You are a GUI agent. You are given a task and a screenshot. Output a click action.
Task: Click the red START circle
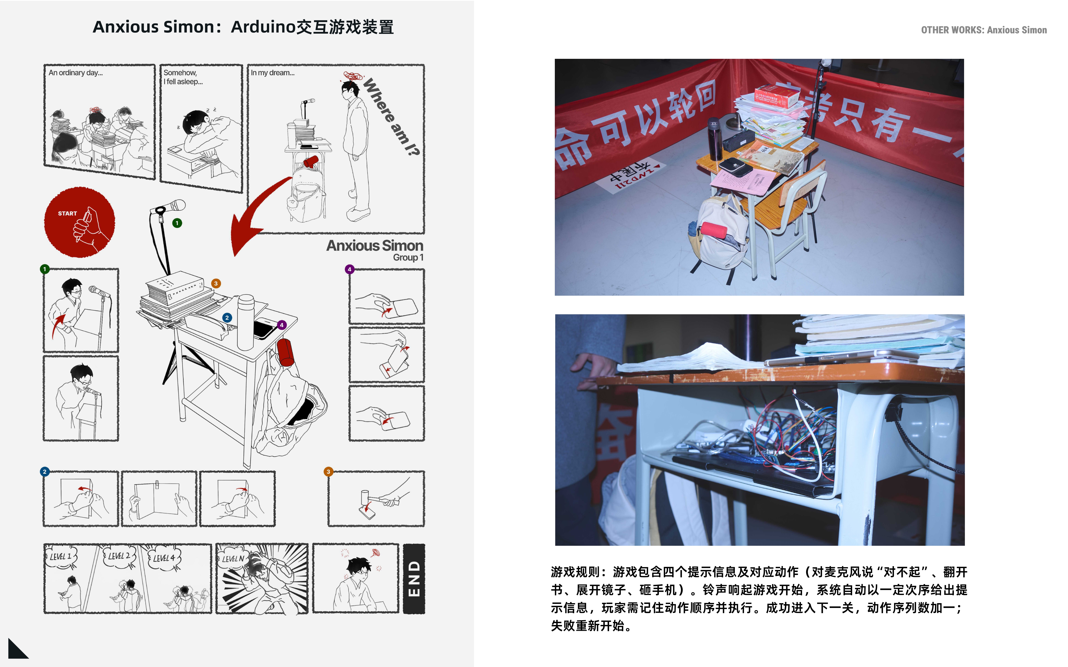(x=79, y=222)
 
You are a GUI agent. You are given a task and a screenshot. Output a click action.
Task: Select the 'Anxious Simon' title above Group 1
(x=374, y=246)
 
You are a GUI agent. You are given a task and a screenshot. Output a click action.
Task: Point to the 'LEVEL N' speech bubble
(x=233, y=559)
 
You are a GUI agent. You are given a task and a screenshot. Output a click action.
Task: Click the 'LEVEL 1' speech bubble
(x=60, y=557)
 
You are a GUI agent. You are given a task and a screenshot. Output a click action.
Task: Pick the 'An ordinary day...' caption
(x=75, y=73)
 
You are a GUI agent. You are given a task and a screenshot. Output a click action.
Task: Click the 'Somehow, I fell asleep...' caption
(x=183, y=77)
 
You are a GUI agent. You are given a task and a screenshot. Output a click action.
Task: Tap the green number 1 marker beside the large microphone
(x=177, y=223)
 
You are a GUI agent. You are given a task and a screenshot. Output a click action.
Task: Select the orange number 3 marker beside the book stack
(x=216, y=284)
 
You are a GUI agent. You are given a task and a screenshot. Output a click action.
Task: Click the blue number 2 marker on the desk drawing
(x=227, y=318)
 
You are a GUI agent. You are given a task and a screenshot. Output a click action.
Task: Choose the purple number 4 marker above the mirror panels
(x=349, y=269)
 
